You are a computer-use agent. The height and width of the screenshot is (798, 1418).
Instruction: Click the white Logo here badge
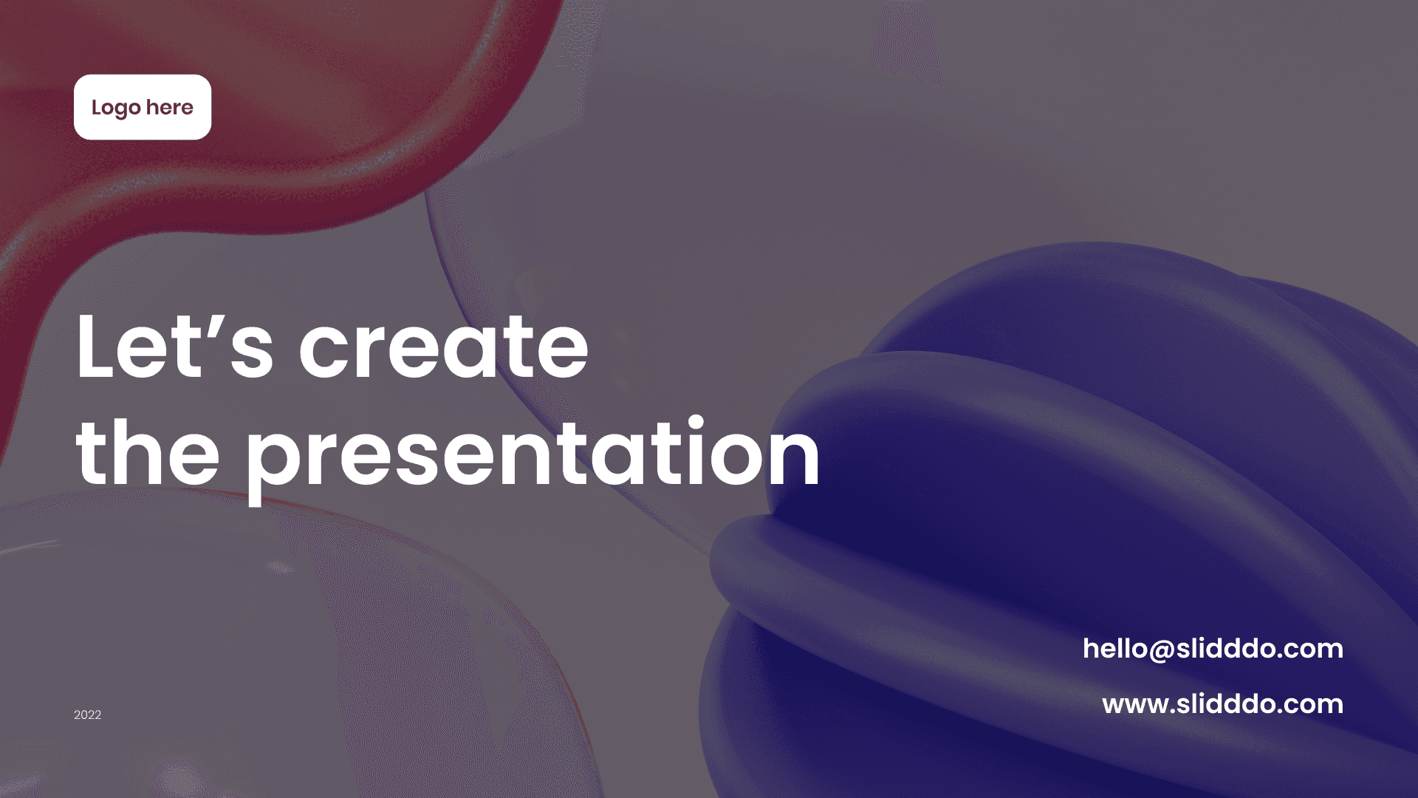click(143, 107)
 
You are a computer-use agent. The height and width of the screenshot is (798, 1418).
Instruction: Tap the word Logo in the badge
click(116, 109)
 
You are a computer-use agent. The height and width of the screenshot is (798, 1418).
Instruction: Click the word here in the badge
click(170, 107)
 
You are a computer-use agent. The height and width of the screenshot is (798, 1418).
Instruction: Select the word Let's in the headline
click(175, 346)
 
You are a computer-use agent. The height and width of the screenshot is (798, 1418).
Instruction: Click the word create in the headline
click(444, 346)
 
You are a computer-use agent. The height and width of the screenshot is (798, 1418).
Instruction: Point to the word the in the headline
click(148, 451)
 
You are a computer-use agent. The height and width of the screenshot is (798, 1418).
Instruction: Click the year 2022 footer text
click(87, 715)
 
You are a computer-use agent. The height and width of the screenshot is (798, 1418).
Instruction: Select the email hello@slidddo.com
click(1213, 649)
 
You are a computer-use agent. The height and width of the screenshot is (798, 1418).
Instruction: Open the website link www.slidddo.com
click(1222, 703)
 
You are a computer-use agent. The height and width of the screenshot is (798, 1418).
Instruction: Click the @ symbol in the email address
click(1162, 650)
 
